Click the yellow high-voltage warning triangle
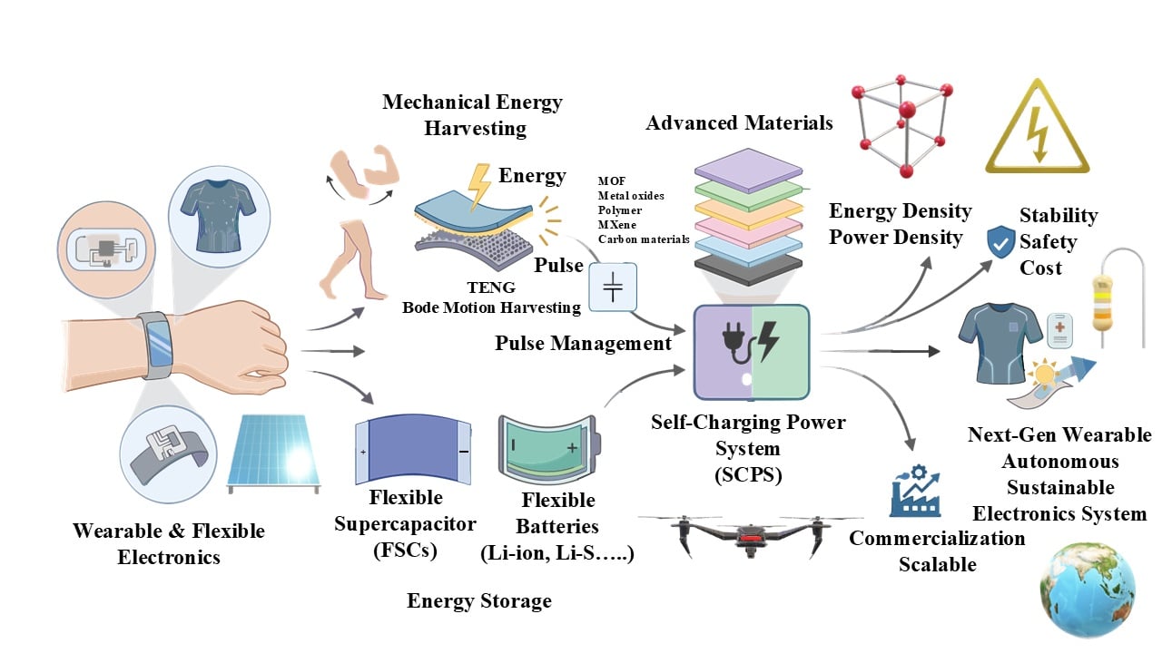[x=1037, y=131]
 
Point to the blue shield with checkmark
[x=1000, y=240]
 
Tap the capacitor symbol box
[x=613, y=288]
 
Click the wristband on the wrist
[x=156, y=344]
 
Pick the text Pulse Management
[x=583, y=343]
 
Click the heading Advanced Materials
[x=739, y=122]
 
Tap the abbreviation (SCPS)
[x=749, y=474]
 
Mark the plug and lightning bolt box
[x=750, y=352]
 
